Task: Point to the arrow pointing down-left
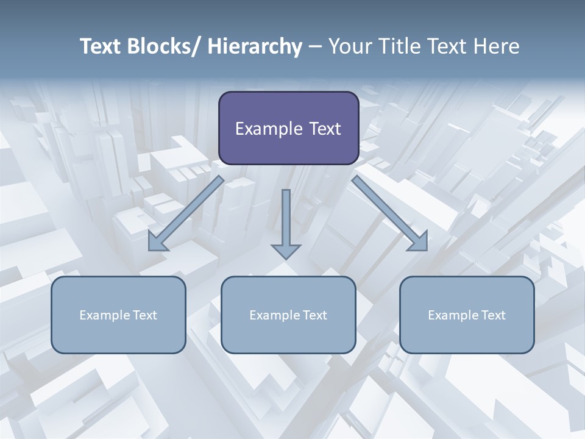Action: coord(186,213)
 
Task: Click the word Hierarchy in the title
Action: coord(255,46)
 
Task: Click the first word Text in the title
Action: coord(101,46)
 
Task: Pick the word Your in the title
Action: coord(349,46)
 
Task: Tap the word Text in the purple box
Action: coord(324,129)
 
